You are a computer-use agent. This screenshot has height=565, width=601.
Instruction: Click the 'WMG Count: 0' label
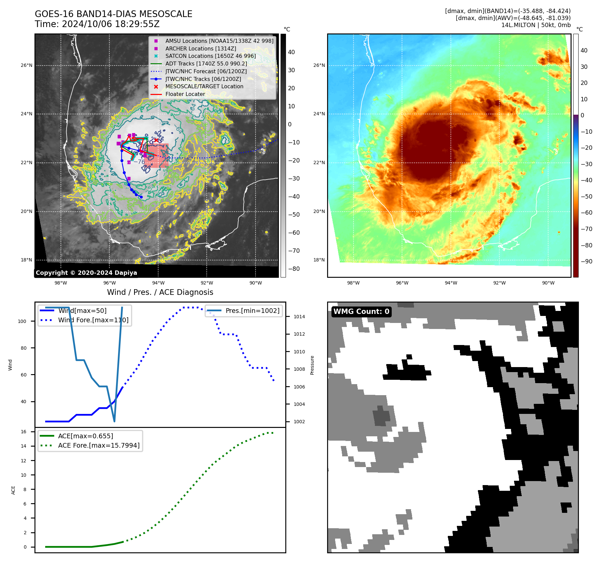361,312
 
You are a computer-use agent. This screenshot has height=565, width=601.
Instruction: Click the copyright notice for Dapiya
86,273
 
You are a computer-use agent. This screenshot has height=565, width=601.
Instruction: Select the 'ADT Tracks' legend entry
206,64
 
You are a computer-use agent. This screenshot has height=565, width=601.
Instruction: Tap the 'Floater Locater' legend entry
185,94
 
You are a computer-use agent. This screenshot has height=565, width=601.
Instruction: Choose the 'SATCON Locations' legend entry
210,56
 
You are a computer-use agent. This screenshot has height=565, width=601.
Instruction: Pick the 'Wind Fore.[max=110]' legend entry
93,320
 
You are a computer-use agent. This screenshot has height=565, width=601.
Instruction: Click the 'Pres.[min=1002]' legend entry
252,311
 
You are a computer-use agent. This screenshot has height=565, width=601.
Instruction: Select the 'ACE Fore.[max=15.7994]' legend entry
99,445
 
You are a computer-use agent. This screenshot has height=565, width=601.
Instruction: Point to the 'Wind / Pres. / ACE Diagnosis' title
160,292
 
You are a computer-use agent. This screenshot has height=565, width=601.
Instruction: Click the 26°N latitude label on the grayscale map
26,65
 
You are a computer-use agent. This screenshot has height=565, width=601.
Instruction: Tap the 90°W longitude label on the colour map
548,283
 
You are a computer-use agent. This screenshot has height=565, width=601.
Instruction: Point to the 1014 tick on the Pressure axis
299,317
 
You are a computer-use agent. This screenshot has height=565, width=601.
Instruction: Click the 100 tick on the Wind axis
22,321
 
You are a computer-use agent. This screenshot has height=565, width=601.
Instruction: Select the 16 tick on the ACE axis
23,432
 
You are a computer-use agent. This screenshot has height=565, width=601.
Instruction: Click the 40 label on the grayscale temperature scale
291,52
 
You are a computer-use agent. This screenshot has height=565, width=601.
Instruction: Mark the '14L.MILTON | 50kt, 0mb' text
536,25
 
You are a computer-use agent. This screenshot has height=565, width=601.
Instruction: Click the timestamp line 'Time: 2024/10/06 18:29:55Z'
97,24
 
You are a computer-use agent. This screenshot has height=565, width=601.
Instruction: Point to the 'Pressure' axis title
312,365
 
